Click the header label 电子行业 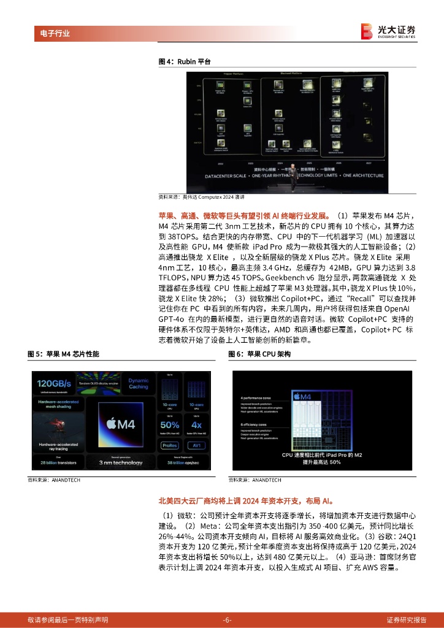[51, 33]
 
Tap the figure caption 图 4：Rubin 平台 [185, 61]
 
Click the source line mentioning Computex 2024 [201, 197]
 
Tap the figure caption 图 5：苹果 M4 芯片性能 [63, 354]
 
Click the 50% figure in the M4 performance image [169, 424]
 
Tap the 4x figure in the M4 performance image [196, 424]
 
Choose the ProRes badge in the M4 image [170, 446]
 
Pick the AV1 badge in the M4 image [196, 446]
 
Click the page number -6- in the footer [227, 619]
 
